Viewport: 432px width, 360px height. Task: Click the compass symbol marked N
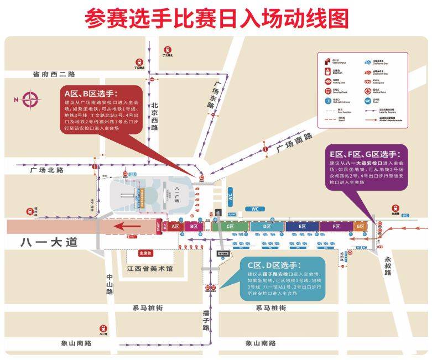[x=30, y=100]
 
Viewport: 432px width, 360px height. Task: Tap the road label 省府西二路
[x=54, y=74]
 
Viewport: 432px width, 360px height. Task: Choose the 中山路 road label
[x=110, y=284]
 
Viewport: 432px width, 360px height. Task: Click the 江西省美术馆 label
[x=149, y=269]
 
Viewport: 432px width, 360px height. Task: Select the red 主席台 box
[x=144, y=253]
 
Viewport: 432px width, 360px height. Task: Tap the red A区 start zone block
[x=175, y=227]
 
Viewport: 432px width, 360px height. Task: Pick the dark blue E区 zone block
[x=303, y=227]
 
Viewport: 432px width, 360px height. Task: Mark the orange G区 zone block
[x=360, y=227]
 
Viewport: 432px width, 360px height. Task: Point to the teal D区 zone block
[x=267, y=227]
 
